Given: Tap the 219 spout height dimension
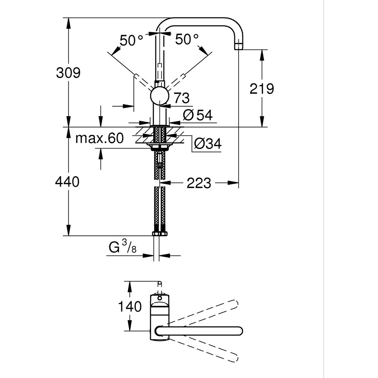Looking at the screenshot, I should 262,89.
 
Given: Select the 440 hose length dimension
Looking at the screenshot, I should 67,182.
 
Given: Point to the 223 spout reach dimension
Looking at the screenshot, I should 198,183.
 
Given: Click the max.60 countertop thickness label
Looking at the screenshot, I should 99,138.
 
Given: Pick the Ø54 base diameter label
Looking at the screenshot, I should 198,115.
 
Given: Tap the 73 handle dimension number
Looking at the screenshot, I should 181,99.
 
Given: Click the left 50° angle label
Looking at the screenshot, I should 132,40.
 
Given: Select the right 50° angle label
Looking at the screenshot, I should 187,39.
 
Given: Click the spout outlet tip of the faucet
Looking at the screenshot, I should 238,47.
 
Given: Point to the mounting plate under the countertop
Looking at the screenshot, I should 160,145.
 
